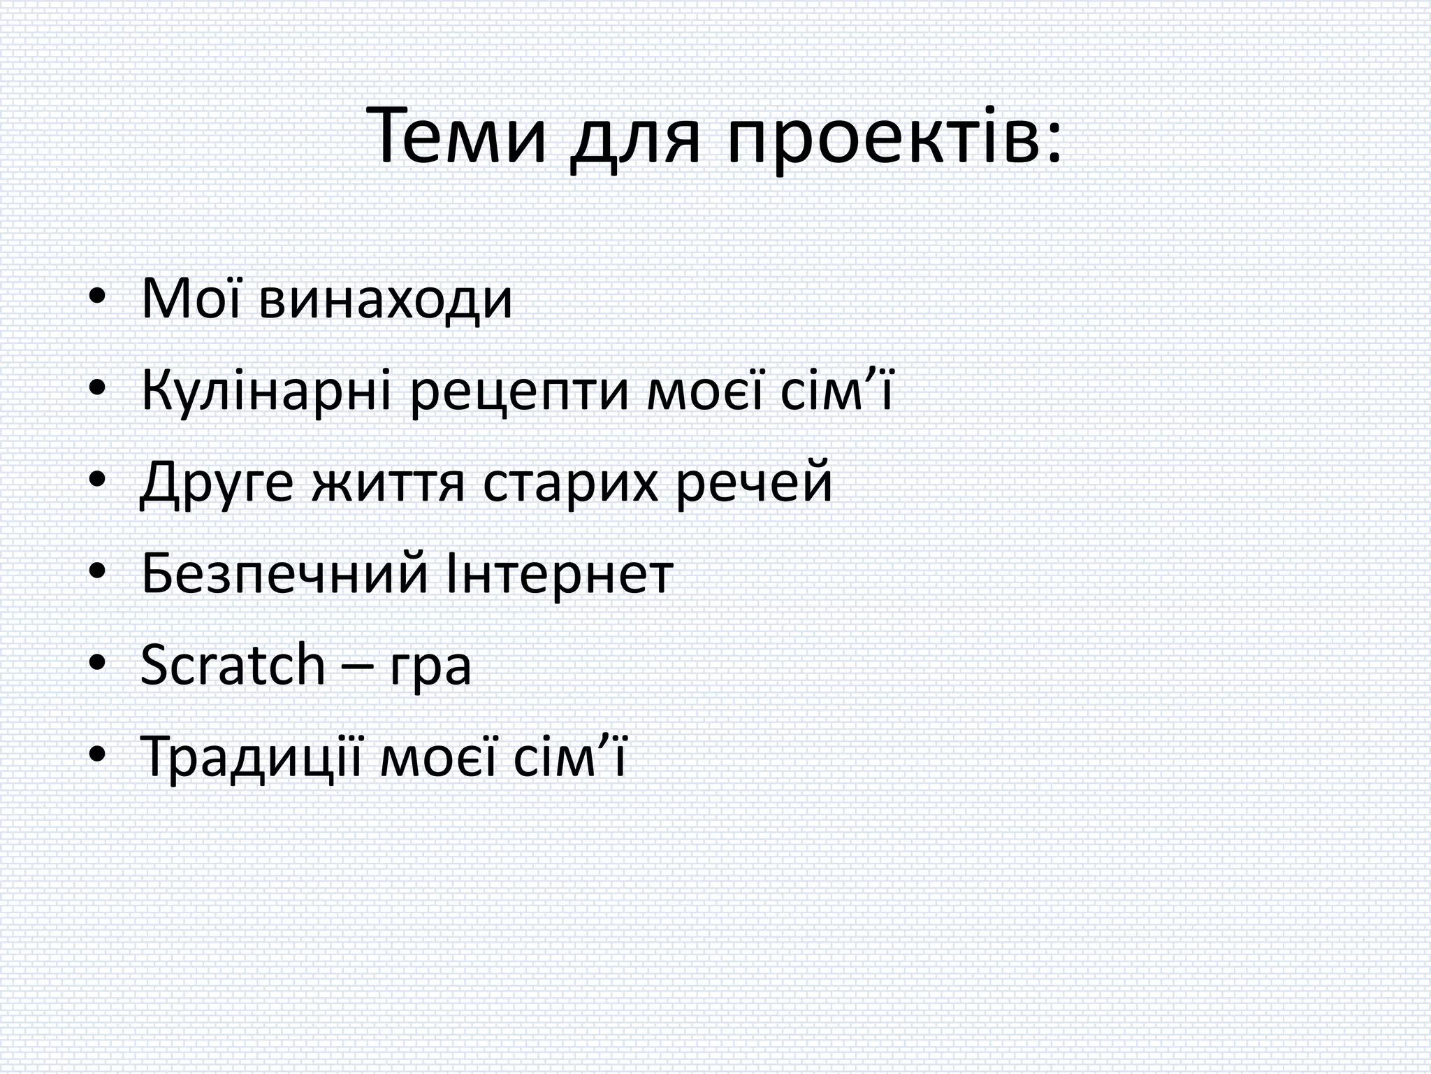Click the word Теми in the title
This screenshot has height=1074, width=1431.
pos(459,136)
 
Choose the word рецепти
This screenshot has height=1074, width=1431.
pos(520,395)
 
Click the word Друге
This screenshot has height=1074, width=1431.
pos(217,483)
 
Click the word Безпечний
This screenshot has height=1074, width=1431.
pos(284,574)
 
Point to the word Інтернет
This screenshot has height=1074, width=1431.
pos(559,574)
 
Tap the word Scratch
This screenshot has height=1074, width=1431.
pos(233,665)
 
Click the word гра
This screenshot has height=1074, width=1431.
pos(430,670)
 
